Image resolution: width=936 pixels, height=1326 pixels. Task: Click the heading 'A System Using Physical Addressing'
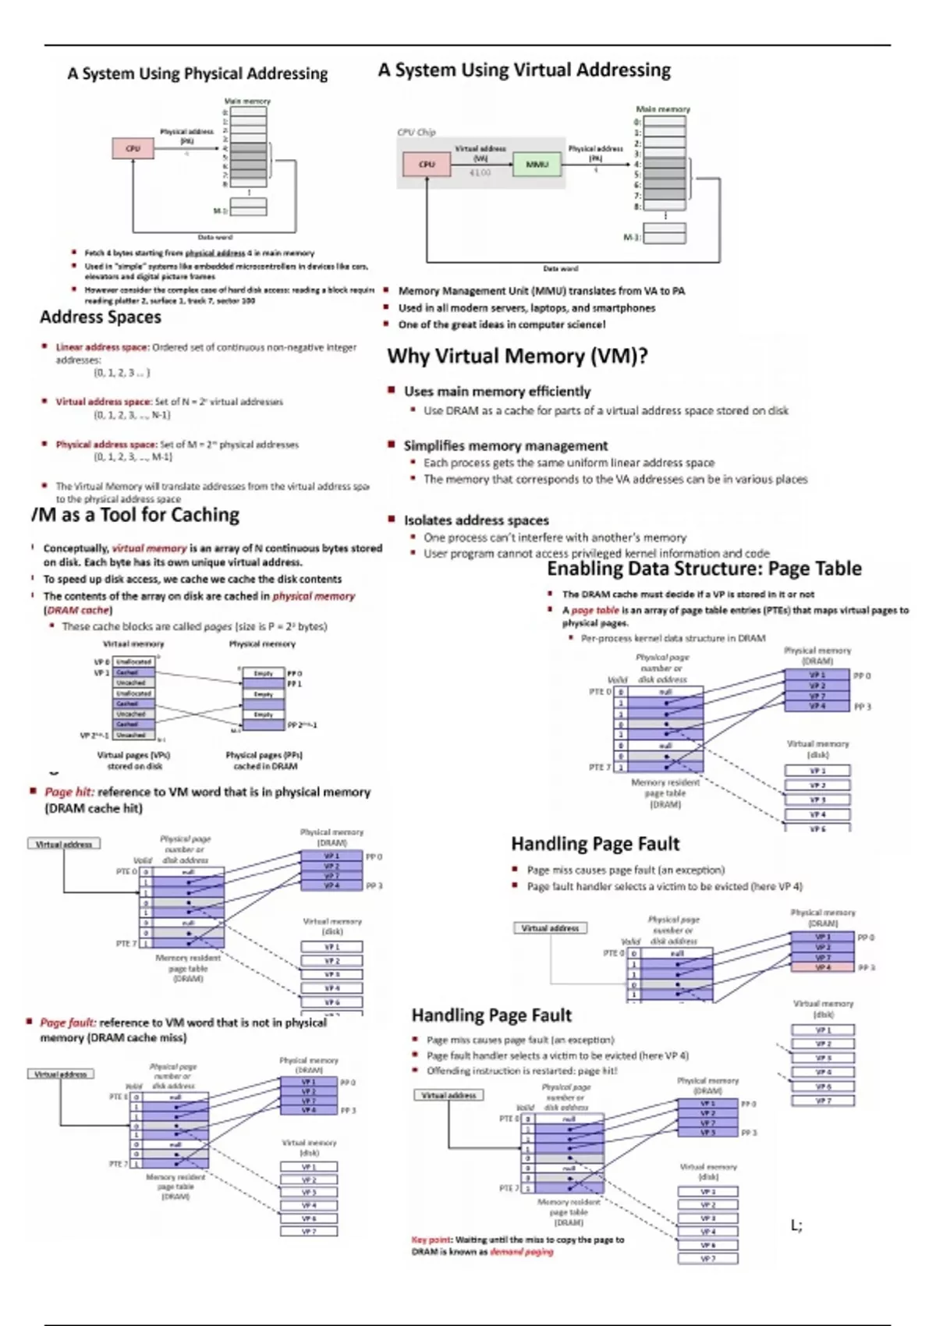pos(197,74)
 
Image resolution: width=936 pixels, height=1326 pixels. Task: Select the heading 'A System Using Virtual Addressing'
pos(524,70)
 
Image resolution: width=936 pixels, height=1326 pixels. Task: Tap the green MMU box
pos(537,165)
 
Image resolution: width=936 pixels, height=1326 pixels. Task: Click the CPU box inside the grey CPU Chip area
pos(427,165)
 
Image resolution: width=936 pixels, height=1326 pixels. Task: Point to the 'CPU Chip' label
pos(417,132)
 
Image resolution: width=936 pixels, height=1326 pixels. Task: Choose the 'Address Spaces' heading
pos(101,317)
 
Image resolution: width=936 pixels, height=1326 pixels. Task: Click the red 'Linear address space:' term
pos(102,347)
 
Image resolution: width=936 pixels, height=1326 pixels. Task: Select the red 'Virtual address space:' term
pos(104,402)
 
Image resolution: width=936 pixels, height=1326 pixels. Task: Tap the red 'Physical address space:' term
pos(106,445)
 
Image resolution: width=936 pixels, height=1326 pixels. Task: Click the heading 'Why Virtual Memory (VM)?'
pos(517,356)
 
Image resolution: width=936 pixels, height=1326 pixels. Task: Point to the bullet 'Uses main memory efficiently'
pos(497,392)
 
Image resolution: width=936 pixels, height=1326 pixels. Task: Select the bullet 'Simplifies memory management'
pos(505,446)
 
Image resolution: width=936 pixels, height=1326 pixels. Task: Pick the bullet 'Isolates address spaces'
pos(476,520)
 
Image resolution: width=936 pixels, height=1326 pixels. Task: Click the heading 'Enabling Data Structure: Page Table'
pos(704,569)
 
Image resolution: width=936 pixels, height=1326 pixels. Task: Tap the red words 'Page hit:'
pos(69,792)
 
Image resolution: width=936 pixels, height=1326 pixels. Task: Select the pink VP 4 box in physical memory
pos(823,967)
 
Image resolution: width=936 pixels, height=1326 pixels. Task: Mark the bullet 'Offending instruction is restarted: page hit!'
pos(522,1071)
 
